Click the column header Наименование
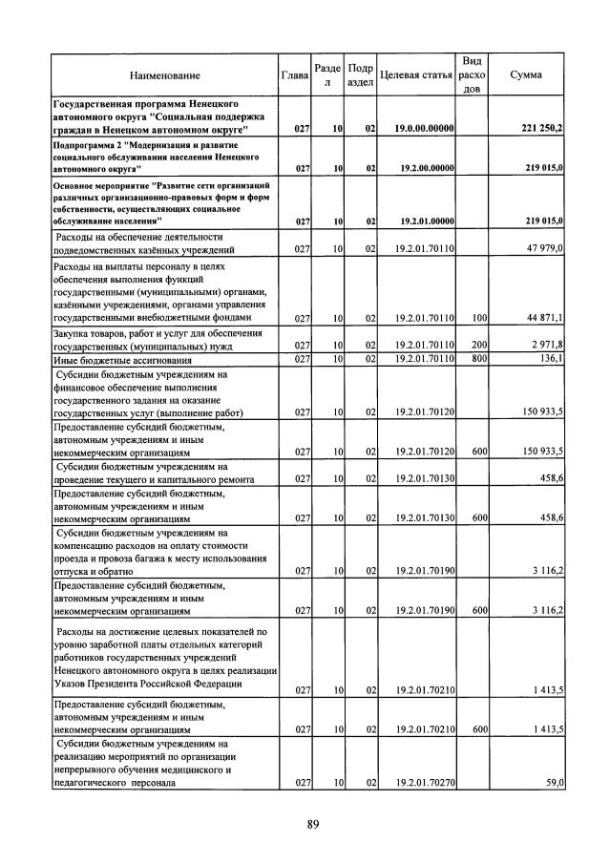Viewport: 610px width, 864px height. coord(166,74)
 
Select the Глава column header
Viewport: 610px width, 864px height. coord(295,74)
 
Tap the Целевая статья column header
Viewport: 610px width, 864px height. coord(415,74)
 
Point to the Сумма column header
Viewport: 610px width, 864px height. coord(527,74)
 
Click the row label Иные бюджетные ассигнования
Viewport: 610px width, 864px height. coord(124,360)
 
